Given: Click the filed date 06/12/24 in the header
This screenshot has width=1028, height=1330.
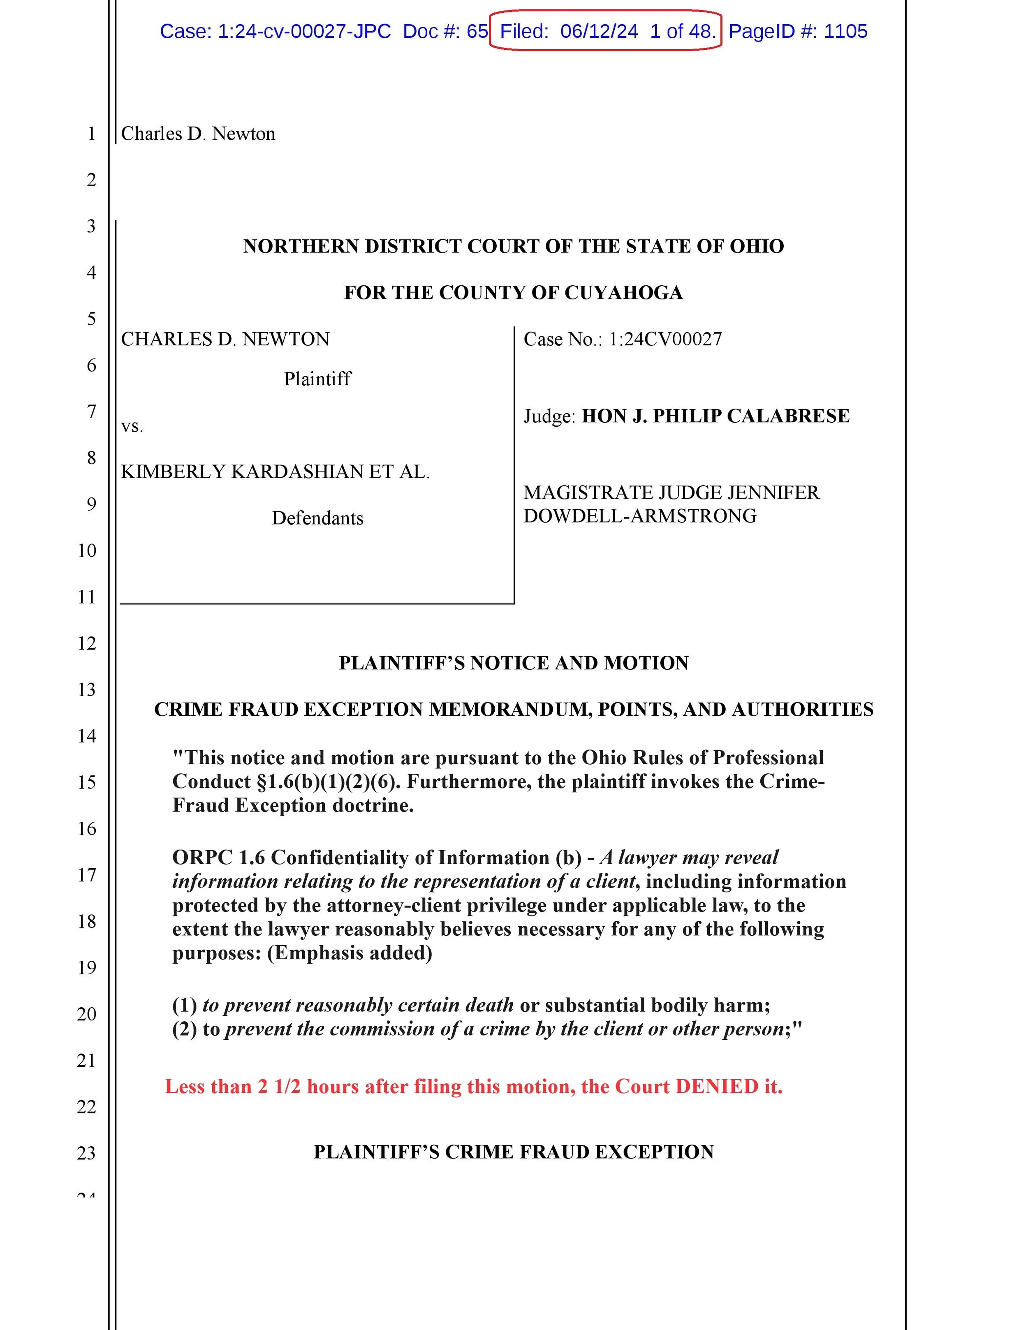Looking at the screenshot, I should tap(599, 31).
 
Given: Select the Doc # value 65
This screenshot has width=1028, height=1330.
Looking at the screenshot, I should tap(477, 31).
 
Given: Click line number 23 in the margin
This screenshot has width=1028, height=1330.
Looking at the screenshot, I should tap(86, 1153).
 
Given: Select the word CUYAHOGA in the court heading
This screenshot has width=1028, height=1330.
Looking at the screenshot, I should tap(623, 293).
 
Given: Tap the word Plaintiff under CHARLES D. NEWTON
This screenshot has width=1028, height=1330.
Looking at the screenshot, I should tap(317, 379).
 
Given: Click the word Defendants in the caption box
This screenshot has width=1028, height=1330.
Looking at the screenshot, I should tap(317, 518).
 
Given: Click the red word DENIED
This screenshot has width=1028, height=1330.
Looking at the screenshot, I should tap(717, 1087).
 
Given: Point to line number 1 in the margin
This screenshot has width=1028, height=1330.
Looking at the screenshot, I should tap(91, 133).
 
